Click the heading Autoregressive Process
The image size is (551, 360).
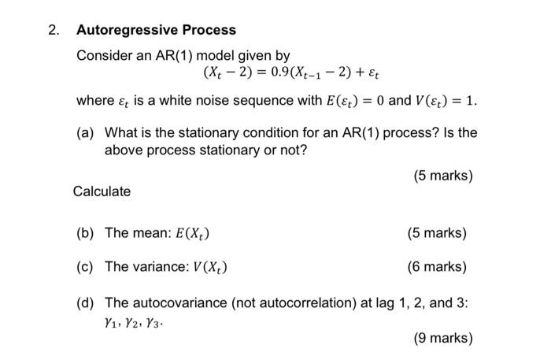point(156,30)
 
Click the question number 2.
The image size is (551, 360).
point(53,30)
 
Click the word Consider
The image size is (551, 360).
point(102,56)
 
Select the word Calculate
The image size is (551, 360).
point(102,191)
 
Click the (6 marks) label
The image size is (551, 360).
point(437,266)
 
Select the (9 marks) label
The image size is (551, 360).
point(443,339)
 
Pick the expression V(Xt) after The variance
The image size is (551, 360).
point(209,266)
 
